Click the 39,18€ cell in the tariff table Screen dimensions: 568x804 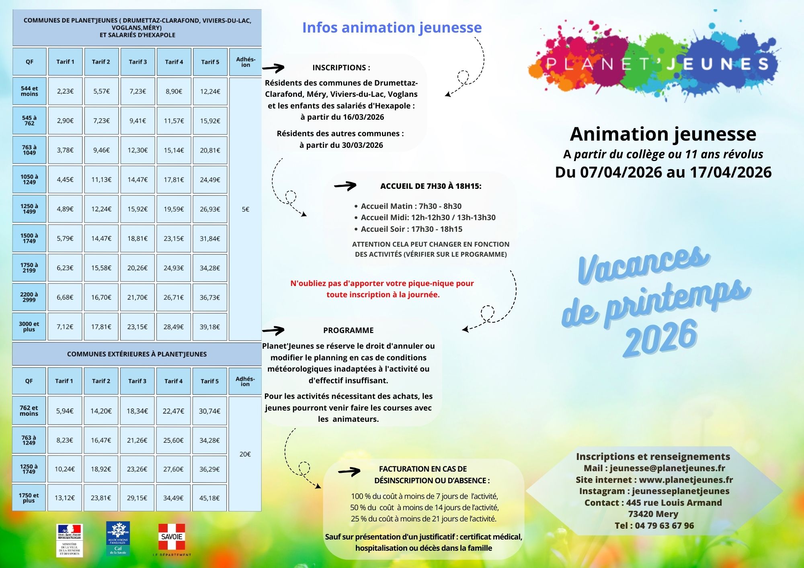(210, 327)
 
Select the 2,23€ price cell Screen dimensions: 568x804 (65, 91)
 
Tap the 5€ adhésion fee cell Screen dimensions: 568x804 (245, 209)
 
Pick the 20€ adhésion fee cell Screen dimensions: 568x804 (245, 454)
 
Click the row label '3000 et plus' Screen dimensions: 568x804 (29, 327)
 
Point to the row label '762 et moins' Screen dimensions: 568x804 (29, 411)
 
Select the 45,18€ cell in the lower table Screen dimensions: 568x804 (209, 498)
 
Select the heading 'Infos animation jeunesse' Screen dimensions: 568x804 (392, 27)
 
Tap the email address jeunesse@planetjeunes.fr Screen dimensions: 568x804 (667, 468)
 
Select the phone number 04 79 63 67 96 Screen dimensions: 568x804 (664, 525)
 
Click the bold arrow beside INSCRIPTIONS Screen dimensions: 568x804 (273, 68)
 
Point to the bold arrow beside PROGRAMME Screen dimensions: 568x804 (273, 331)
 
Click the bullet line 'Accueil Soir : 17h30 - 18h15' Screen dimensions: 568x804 (411, 229)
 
